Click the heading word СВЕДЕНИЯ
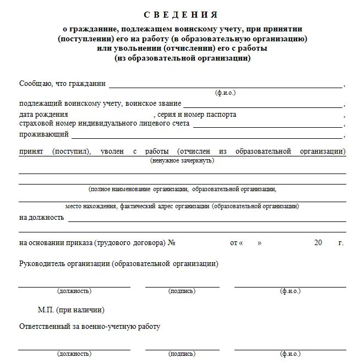click(x=181, y=14)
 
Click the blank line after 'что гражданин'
click(x=226, y=86)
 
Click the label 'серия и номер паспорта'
click(x=197, y=115)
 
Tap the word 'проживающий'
click(x=43, y=134)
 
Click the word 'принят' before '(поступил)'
click(x=30, y=150)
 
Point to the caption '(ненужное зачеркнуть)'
click(x=182, y=160)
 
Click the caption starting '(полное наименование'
click(x=182, y=189)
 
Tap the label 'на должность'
click(x=41, y=217)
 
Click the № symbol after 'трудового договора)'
click(x=171, y=242)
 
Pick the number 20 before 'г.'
click(x=318, y=242)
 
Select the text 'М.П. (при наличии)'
click(x=71, y=310)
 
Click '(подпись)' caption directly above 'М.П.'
click(x=182, y=291)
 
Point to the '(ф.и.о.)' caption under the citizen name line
click(x=225, y=93)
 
